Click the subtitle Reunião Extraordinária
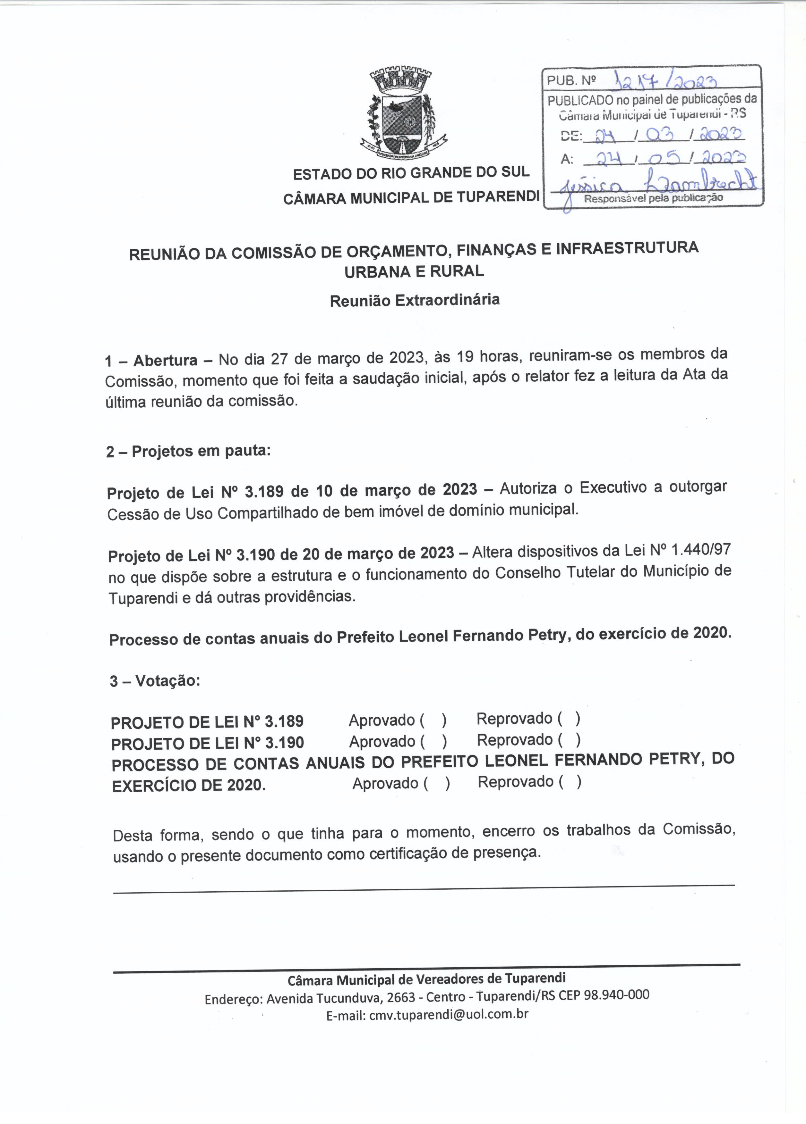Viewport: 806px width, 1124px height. point(415,300)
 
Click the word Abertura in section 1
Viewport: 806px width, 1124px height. point(165,360)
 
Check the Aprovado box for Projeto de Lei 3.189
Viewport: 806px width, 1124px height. point(434,720)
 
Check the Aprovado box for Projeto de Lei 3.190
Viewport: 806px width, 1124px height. point(434,741)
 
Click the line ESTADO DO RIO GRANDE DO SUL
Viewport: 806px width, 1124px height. point(411,173)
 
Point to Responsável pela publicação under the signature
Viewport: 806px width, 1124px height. point(653,198)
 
